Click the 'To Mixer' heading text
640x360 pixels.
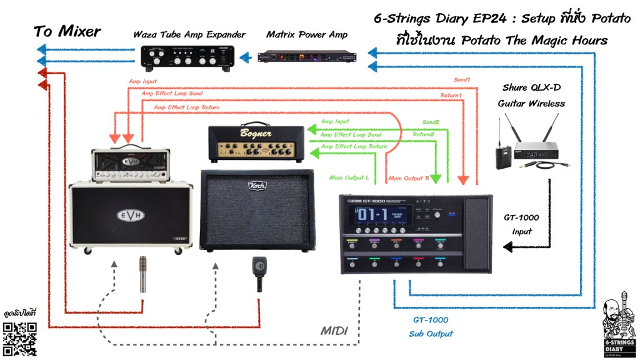(x=67, y=31)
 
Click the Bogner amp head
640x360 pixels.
(x=256, y=143)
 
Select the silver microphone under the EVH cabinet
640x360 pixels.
(x=143, y=273)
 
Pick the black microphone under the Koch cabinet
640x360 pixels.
(x=258, y=273)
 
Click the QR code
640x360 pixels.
(x=19, y=338)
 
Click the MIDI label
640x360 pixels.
(x=334, y=329)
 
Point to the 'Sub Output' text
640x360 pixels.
(x=431, y=334)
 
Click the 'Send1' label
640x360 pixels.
(x=463, y=80)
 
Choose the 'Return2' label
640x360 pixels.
(x=423, y=134)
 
